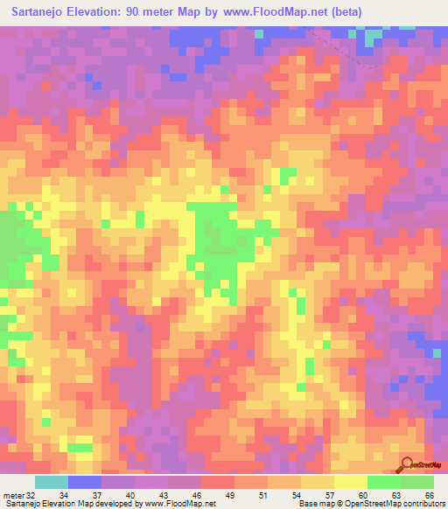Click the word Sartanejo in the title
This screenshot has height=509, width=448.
point(40,11)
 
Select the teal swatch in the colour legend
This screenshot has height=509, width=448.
point(51,482)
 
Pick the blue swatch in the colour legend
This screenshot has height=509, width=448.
point(84,482)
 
